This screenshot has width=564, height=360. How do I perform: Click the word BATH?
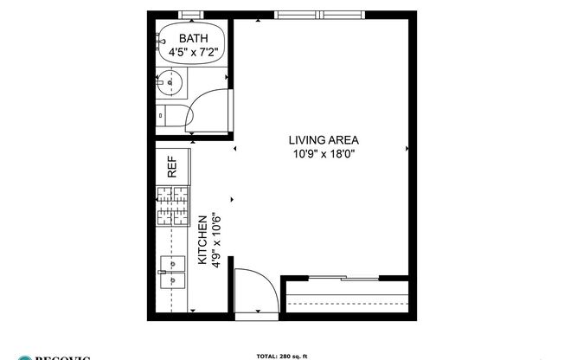click(194, 38)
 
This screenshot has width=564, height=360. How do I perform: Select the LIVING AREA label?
click(324, 140)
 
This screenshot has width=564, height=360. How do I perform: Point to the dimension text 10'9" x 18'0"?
click(324, 155)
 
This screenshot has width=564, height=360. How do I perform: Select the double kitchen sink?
click(172, 272)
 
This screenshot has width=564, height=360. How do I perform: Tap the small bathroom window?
click(192, 15)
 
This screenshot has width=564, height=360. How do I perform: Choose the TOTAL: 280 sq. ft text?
click(281, 355)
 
